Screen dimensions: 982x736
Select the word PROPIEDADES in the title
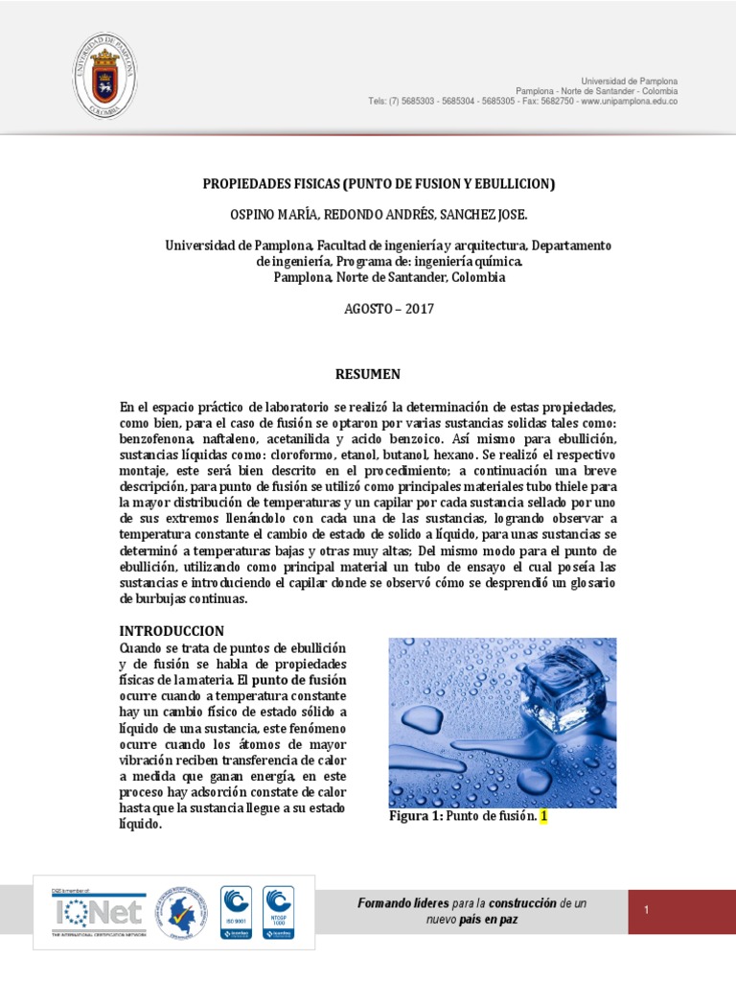click(248, 183)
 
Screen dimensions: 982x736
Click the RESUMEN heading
click(367, 374)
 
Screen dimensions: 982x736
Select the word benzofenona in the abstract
click(159, 438)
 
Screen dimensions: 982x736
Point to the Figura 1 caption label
click(415, 816)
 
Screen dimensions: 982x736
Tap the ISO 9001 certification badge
click(236, 911)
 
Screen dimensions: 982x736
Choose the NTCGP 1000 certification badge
click(278, 911)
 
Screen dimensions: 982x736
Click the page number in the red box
click(647, 910)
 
